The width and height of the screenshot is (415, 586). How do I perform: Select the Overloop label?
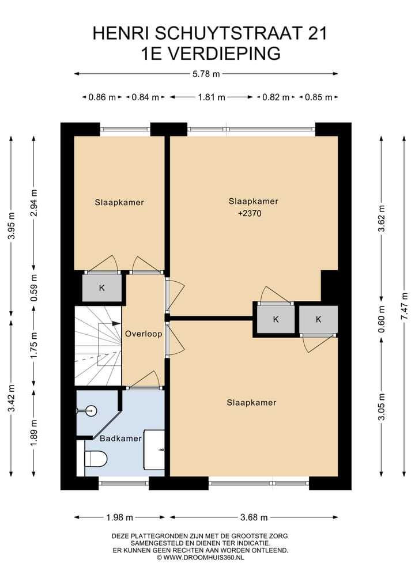[x=144, y=334]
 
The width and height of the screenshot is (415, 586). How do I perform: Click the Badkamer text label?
[x=121, y=438]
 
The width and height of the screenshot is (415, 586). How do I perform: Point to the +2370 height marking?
[x=250, y=213]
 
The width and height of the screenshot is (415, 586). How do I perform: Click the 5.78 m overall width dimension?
[x=206, y=74]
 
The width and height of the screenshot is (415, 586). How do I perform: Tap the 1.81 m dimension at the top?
[x=212, y=97]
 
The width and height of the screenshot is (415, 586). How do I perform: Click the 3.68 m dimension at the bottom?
[x=254, y=517]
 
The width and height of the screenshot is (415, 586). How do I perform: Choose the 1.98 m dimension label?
[x=120, y=517]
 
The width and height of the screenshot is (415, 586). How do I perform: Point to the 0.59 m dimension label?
[x=34, y=288]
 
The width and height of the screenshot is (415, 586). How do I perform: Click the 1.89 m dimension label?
[x=34, y=433]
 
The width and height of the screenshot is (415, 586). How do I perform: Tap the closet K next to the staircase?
[x=101, y=288]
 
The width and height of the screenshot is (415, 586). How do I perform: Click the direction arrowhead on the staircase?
[x=116, y=323]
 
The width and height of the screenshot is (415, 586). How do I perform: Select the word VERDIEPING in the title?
[x=224, y=54]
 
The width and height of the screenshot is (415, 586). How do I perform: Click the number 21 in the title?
[x=318, y=33]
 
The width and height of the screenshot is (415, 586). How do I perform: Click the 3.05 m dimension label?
[x=382, y=407]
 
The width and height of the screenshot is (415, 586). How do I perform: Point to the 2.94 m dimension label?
[x=34, y=203]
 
